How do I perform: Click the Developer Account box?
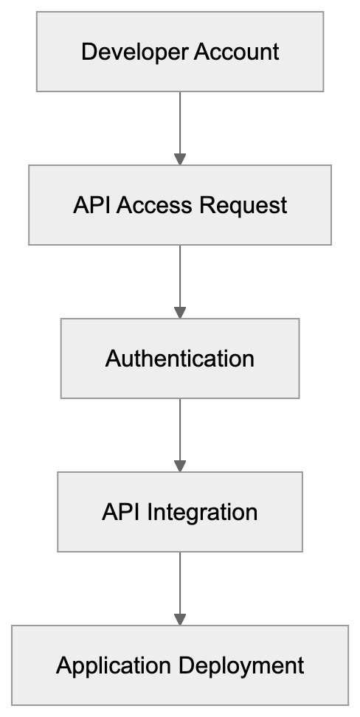pos(180,52)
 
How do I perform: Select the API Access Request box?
pos(180,205)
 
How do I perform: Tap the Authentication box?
pos(180,358)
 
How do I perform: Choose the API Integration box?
pos(180,512)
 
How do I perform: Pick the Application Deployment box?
pos(180,665)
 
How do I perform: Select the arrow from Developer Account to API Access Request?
pos(180,125)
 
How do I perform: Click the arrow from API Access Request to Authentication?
pos(180,279)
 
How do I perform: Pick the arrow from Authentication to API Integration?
pos(180,432)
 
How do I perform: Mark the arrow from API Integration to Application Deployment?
pos(180,586)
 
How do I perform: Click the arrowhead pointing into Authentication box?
pos(180,313)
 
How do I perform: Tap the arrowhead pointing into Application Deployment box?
pos(180,620)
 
